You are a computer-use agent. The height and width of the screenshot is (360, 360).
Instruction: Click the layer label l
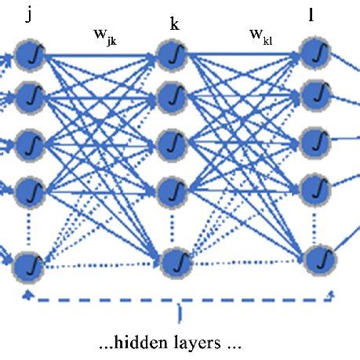(312, 16)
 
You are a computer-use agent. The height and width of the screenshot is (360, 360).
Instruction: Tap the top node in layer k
(170, 55)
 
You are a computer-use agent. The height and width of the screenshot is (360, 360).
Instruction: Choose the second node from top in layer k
(170, 97)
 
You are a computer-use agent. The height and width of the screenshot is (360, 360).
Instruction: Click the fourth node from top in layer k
(170, 190)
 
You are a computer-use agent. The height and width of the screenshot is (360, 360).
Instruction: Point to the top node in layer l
(315, 53)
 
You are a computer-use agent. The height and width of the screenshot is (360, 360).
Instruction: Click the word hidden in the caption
(151, 344)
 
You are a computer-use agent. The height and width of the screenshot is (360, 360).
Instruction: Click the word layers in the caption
(205, 344)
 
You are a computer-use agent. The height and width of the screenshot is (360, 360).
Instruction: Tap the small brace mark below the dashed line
(181, 316)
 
